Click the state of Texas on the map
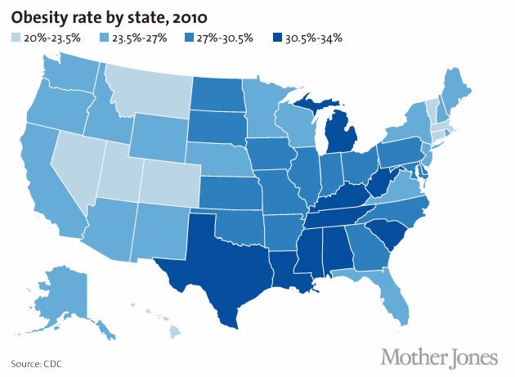tap(223, 263)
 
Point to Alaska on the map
tap(65, 296)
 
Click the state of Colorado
tap(170, 183)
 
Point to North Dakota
tap(217, 94)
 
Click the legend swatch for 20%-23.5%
tap(16, 38)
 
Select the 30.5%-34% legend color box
tap(277, 38)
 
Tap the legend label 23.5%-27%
tap(140, 38)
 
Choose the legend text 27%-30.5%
tap(226, 38)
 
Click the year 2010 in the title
tap(190, 18)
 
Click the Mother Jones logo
tap(439, 357)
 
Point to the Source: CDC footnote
tap(37, 364)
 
